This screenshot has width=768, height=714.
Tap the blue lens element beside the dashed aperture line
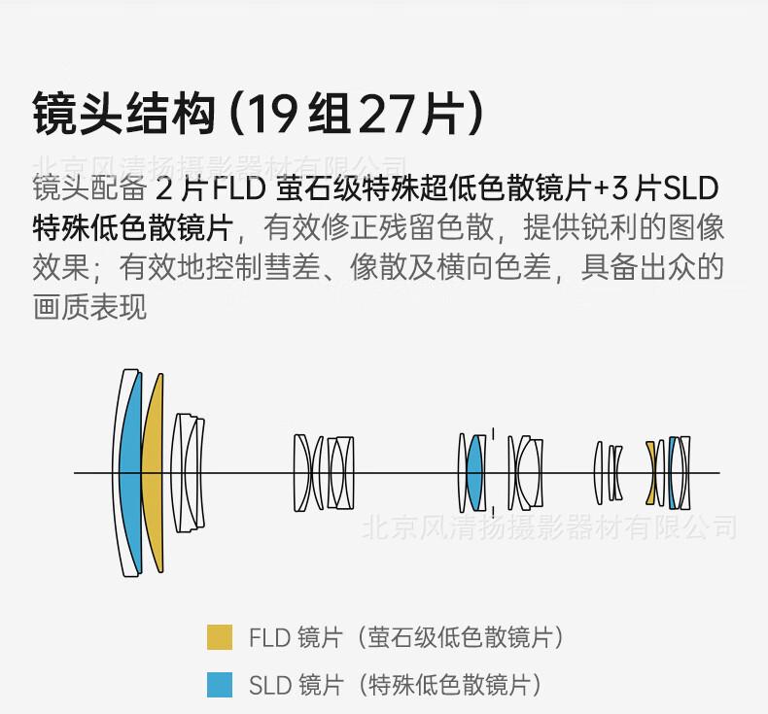474,473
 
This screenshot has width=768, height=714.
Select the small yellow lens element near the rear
650,473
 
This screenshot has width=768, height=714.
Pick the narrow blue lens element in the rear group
671,473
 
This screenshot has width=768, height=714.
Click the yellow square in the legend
220,637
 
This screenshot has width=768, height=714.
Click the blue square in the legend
220,685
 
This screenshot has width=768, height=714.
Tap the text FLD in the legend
269,638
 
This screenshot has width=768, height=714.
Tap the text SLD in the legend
269,686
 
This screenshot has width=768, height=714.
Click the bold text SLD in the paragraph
689,188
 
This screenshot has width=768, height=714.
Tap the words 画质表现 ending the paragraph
89,308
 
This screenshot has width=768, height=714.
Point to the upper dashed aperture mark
493,433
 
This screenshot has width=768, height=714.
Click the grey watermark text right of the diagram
548,527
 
